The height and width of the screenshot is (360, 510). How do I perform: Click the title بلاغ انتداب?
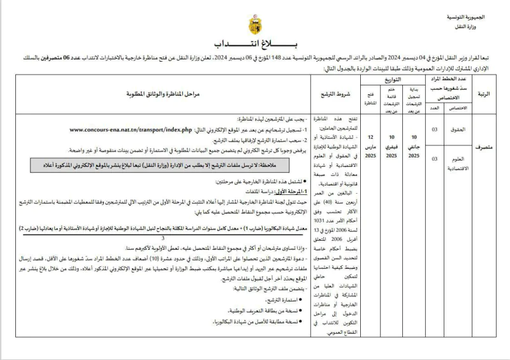coord(254,45)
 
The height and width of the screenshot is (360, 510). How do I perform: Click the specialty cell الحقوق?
coord(458,129)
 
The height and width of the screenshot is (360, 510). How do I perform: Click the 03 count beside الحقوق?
coord(435,129)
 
